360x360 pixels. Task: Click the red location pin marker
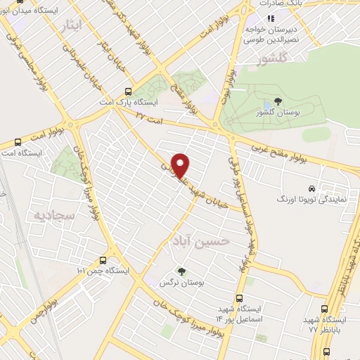181,165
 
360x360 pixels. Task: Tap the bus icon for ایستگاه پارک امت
127,91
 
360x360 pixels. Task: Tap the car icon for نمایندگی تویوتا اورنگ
311,188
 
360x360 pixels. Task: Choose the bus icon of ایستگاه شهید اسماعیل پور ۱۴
240,298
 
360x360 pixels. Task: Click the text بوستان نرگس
182,282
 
